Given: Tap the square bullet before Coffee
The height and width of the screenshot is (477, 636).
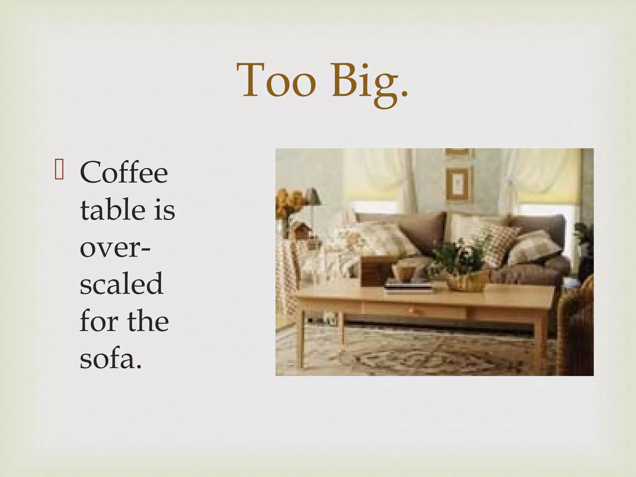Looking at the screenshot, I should (x=59, y=170).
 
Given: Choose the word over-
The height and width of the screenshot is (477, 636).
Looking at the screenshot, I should (x=115, y=248).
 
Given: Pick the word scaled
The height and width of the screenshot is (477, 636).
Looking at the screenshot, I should (x=121, y=284).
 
